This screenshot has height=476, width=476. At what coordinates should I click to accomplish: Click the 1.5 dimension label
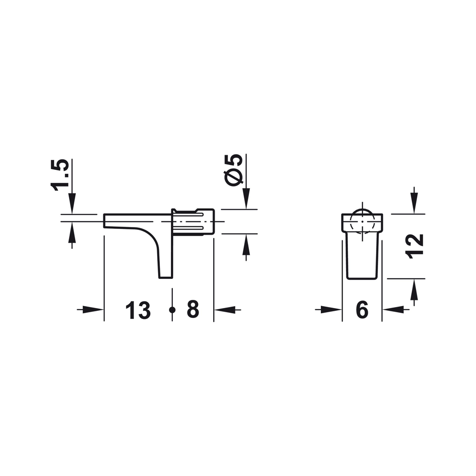[60, 175]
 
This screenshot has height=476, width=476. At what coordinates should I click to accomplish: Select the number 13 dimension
[138, 310]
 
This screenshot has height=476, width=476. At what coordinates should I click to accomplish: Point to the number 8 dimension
[193, 309]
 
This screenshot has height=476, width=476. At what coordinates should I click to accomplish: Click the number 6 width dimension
[362, 310]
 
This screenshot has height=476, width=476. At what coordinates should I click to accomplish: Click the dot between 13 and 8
[172, 310]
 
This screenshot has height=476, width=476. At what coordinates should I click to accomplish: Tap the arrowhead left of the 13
[93, 310]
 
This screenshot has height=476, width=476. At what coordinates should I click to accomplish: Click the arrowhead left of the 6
[331, 310]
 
